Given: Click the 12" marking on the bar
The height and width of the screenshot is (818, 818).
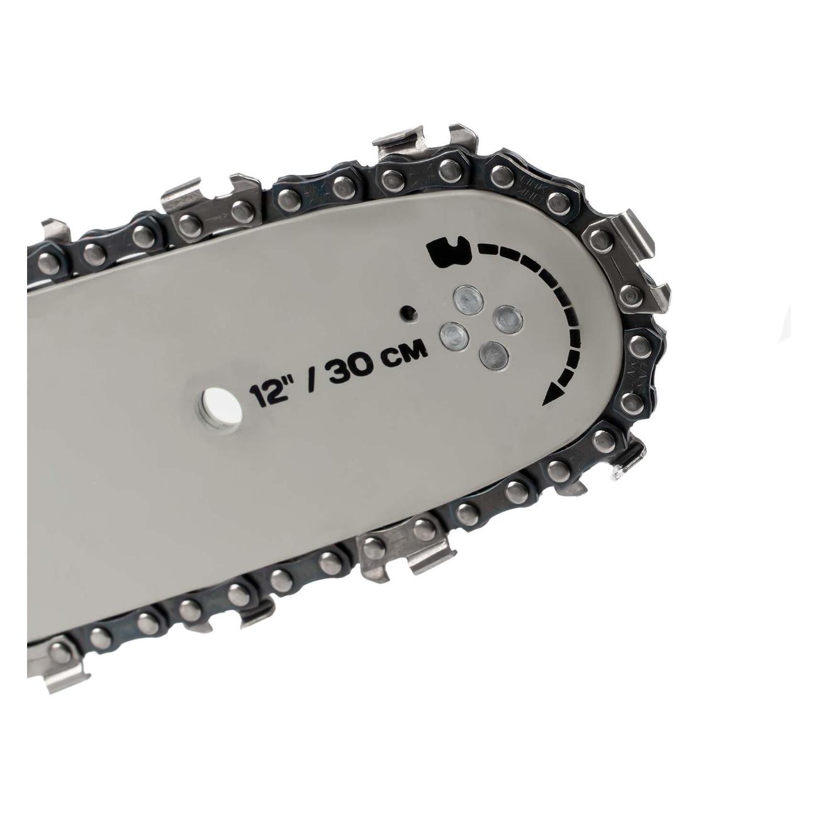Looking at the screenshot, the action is [268, 394].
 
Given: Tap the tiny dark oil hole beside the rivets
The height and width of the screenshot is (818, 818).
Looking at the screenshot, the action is [409, 313].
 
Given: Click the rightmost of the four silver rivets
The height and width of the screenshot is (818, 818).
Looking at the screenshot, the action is [508, 319].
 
